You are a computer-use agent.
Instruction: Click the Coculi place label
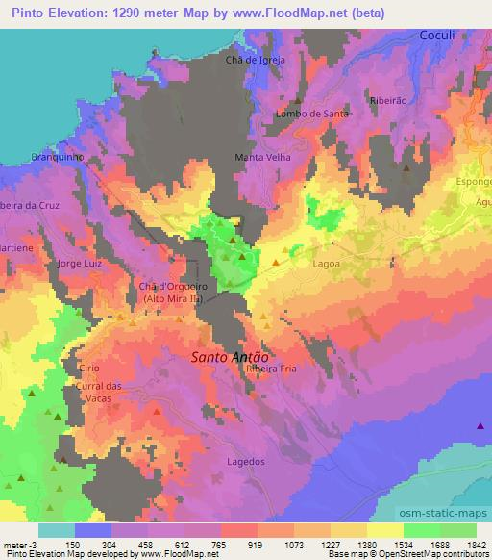pos(437,35)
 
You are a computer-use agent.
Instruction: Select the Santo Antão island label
pos(227,355)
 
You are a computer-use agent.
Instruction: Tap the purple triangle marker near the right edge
pos(480,425)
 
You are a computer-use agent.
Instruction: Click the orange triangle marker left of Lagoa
pos(277,262)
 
